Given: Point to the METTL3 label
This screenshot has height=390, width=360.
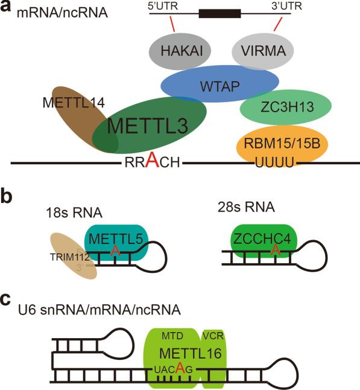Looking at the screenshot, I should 148,126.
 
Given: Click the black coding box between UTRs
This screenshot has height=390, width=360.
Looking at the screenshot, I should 220,12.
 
